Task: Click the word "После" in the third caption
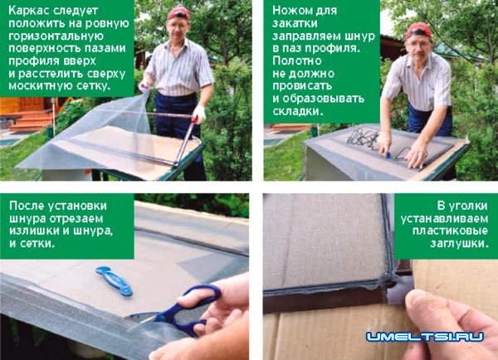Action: click(x=27, y=206)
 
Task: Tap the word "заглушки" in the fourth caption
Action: click(x=459, y=244)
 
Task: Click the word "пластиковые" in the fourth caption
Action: click(x=450, y=231)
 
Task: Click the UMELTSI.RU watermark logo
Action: click(x=425, y=337)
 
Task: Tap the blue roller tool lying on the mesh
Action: click(x=114, y=281)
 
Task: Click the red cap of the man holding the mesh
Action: click(x=178, y=13)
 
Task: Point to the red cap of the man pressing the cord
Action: click(x=418, y=30)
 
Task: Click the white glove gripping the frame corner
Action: click(x=199, y=114)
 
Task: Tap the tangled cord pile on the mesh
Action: click(x=362, y=137)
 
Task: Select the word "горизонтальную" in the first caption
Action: click(x=56, y=36)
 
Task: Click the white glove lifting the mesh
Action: click(x=144, y=86)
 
